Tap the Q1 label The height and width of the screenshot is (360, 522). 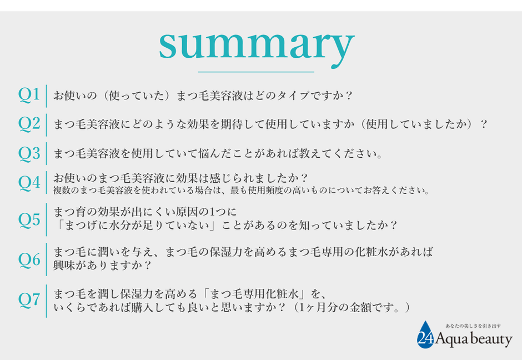pos(29,94)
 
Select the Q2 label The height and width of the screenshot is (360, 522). pos(29,123)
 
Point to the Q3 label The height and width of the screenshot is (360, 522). pos(29,153)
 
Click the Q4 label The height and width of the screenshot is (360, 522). pos(29,182)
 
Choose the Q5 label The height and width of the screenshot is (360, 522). pos(29,220)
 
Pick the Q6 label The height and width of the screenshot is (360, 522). pos(29,259)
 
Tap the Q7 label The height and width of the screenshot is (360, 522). pos(29,300)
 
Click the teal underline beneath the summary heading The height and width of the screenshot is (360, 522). pos(256,72)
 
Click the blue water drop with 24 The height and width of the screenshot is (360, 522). pos(425,334)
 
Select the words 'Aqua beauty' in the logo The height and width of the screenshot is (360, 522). pos(474,339)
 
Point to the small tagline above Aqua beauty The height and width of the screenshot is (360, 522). pos(473,326)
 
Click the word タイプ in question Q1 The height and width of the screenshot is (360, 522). pos(293,96)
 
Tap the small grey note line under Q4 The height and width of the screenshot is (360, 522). pos(242,191)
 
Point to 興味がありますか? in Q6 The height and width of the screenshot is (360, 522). pos(103,266)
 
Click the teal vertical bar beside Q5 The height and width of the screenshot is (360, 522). pos(46,219)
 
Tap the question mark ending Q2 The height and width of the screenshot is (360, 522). pos(484,124)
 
